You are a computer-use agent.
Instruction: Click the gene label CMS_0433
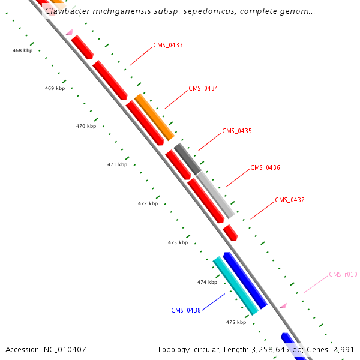tap(168, 45)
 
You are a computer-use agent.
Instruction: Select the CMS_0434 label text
tap(203, 88)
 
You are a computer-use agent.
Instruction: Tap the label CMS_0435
tap(236, 131)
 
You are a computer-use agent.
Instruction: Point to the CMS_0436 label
tap(265, 167)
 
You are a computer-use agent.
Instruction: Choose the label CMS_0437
tap(289, 200)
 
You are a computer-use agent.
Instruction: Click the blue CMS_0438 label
tap(185, 310)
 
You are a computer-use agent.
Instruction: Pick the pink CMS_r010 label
tap(343, 274)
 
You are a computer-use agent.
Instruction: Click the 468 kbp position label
tap(22, 50)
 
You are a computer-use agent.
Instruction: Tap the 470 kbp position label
tap(86, 126)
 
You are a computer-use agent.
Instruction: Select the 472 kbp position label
tap(148, 203)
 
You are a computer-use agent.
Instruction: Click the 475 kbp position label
tap(236, 322)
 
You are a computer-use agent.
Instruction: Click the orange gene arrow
tap(154, 117)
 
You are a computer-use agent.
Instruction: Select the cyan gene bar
tap(236, 286)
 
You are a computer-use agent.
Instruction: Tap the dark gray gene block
tap(187, 159)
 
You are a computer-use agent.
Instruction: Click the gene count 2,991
tap(343, 349)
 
